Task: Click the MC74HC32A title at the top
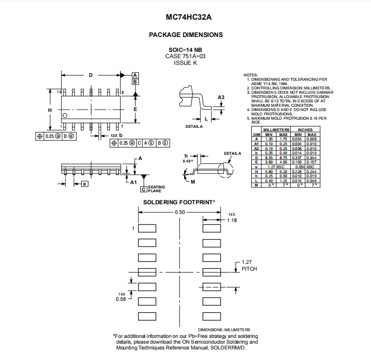188,17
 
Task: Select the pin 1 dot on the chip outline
65,115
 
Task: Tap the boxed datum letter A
135,75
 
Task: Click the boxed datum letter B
135,82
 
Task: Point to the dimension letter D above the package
91,75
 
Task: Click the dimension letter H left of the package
49,110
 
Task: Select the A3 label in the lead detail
221,97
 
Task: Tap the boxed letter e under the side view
85,184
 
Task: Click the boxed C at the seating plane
144,189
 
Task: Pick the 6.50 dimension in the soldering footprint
180,212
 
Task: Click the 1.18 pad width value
232,220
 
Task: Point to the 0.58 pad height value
121,299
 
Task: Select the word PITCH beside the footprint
249,269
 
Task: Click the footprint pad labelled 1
147,228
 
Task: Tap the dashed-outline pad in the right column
212,287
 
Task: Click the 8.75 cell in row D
283,158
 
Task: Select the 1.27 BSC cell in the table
276,167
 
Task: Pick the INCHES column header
305,130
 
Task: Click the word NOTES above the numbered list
250,75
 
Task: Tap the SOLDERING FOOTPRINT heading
179,202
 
